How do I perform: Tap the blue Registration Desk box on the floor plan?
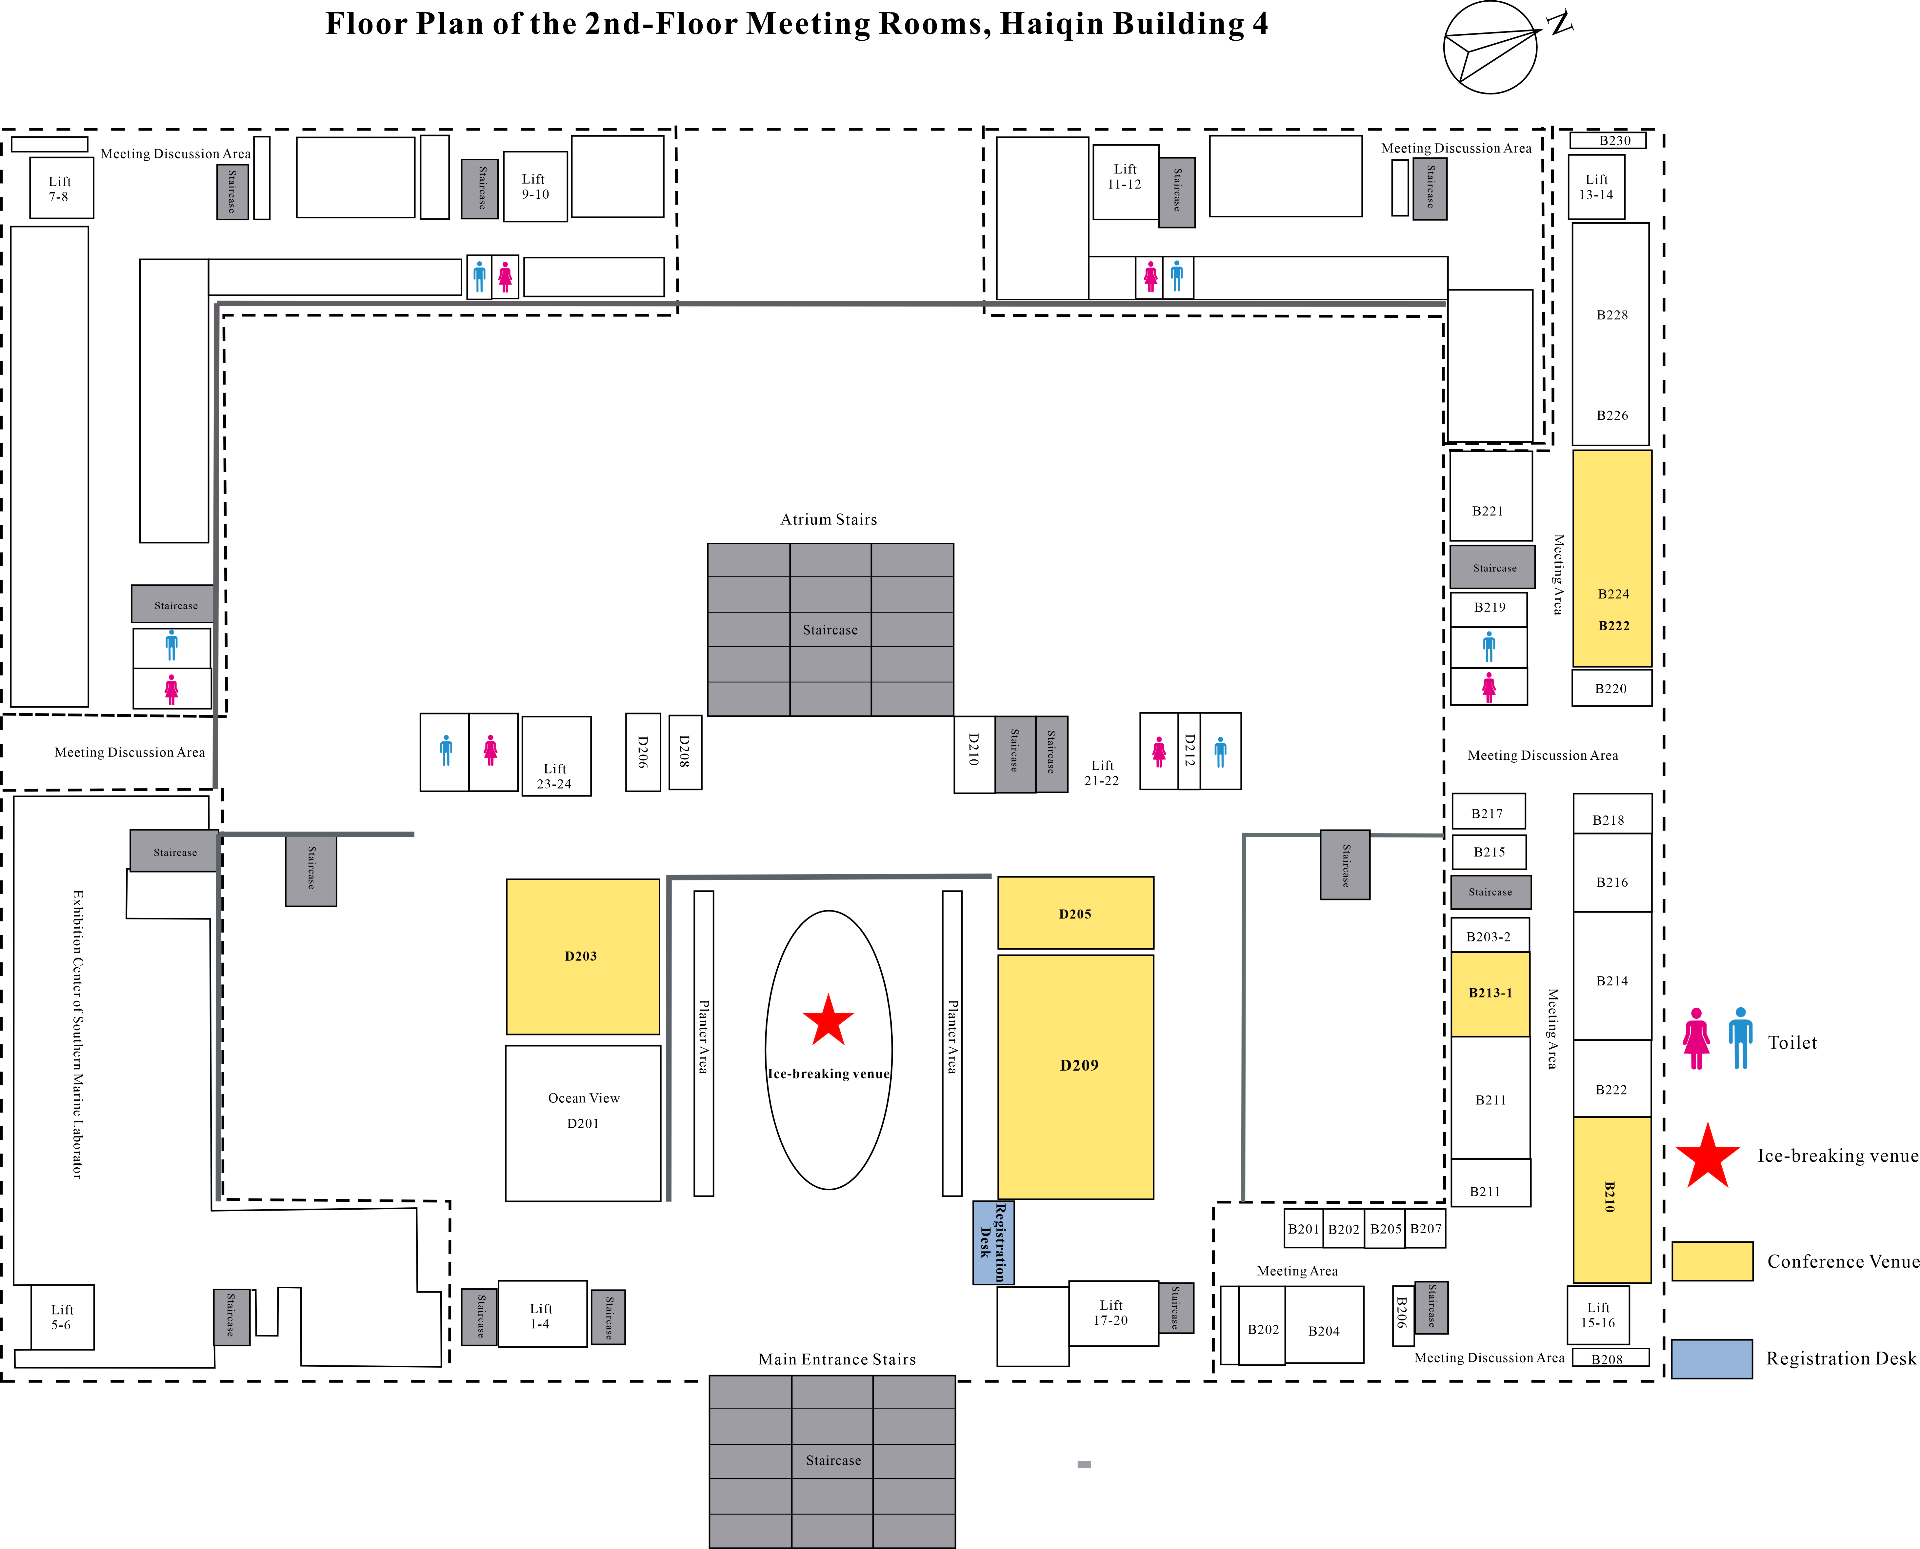[x=993, y=1242]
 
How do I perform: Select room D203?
[x=583, y=956]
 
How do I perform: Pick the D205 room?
[x=1075, y=913]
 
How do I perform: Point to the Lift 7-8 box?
[x=62, y=187]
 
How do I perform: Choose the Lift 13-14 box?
[x=1596, y=187]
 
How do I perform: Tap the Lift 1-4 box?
[x=542, y=1314]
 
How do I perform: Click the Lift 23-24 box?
[x=556, y=756]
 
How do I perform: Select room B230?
[x=1608, y=140]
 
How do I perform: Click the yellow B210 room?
[x=1611, y=1199]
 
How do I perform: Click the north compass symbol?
[x=1499, y=47]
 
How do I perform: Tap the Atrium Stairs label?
[x=829, y=519]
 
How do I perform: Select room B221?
[x=1490, y=495]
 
